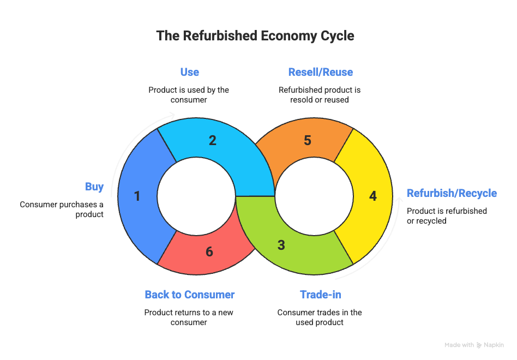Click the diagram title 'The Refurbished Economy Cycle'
click(x=255, y=36)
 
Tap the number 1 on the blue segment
click(x=137, y=196)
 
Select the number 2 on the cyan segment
click(x=213, y=140)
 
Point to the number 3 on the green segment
click(x=281, y=245)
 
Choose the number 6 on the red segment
click(x=209, y=251)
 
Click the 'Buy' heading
click(x=94, y=187)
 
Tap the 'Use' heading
click(x=189, y=72)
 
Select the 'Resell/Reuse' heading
click(x=320, y=72)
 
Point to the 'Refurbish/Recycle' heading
click(x=452, y=193)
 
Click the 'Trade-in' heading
click(x=320, y=295)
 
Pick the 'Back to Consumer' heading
click(x=189, y=295)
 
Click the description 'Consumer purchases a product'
click(x=62, y=209)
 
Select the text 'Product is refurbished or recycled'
click(x=447, y=215)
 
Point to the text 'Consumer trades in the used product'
click(x=320, y=317)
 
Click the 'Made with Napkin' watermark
click(x=474, y=345)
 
